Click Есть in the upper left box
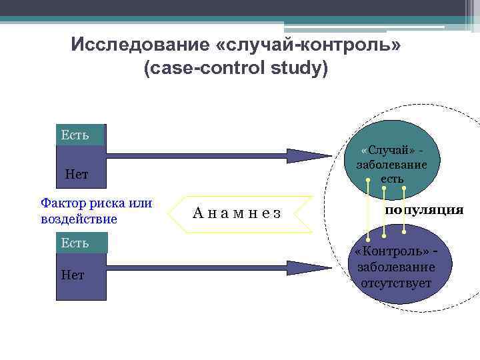click(x=75, y=135)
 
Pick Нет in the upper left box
click(x=77, y=175)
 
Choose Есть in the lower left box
click(x=75, y=243)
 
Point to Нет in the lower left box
click(x=73, y=275)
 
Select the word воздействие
click(x=79, y=219)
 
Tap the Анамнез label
click(x=237, y=213)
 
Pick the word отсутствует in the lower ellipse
click(x=396, y=283)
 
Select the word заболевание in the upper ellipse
click(x=393, y=165)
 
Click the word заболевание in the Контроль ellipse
click(x=396, y=268)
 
